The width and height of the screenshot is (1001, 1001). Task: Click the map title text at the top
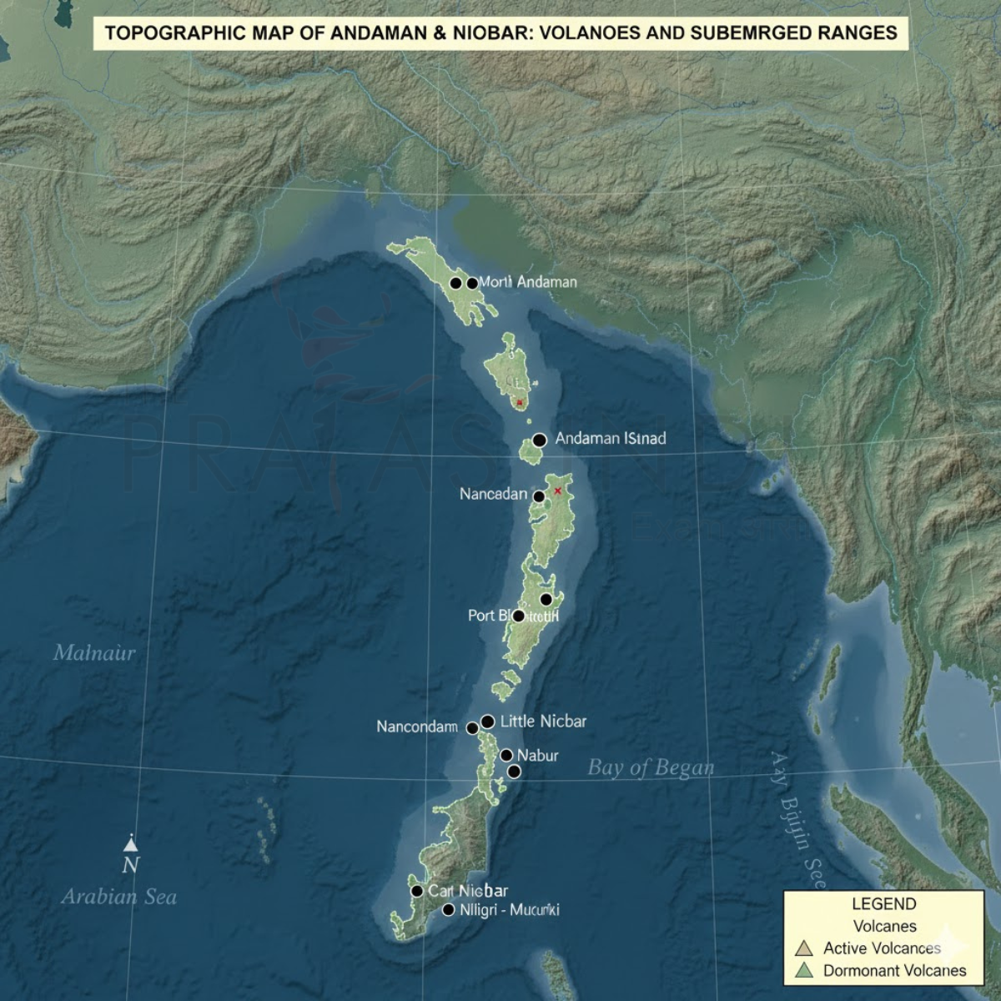(x=500, y=33)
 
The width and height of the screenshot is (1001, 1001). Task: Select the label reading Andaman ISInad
(x=610, y=438)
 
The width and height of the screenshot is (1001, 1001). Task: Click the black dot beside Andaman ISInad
(x=539, y=440)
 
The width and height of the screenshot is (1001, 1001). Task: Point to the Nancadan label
(x=493, y=494)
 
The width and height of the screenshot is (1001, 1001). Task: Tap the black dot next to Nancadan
(x=539, y=496)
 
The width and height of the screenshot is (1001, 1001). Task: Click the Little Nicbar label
(x=542, y=721)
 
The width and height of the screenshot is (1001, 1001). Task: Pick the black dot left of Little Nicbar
(x=488, y=722)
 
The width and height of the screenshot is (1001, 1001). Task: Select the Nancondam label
(x=416, y=727)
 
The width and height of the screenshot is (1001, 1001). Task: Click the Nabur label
(x=537, y=756)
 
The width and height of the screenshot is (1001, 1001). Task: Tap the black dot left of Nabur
(x=506, y=755)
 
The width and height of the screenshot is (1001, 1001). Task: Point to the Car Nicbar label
(x=468, y=891)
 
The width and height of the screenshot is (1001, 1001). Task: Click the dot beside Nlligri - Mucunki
(x=449, y=910)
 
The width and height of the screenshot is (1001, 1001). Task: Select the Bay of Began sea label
(x=651, y=767)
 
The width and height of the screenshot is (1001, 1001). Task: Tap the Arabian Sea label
(x=118, y=897)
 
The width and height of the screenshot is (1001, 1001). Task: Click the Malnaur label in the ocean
(x=93, y=652)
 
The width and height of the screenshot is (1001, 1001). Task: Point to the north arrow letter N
(x=130, y=865)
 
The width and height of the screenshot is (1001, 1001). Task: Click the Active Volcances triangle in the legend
(x=804, y=948)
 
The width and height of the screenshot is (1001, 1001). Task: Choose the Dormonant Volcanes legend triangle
(x=804, y=971)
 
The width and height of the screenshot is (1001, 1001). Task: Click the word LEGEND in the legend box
(x=883, y=903)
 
